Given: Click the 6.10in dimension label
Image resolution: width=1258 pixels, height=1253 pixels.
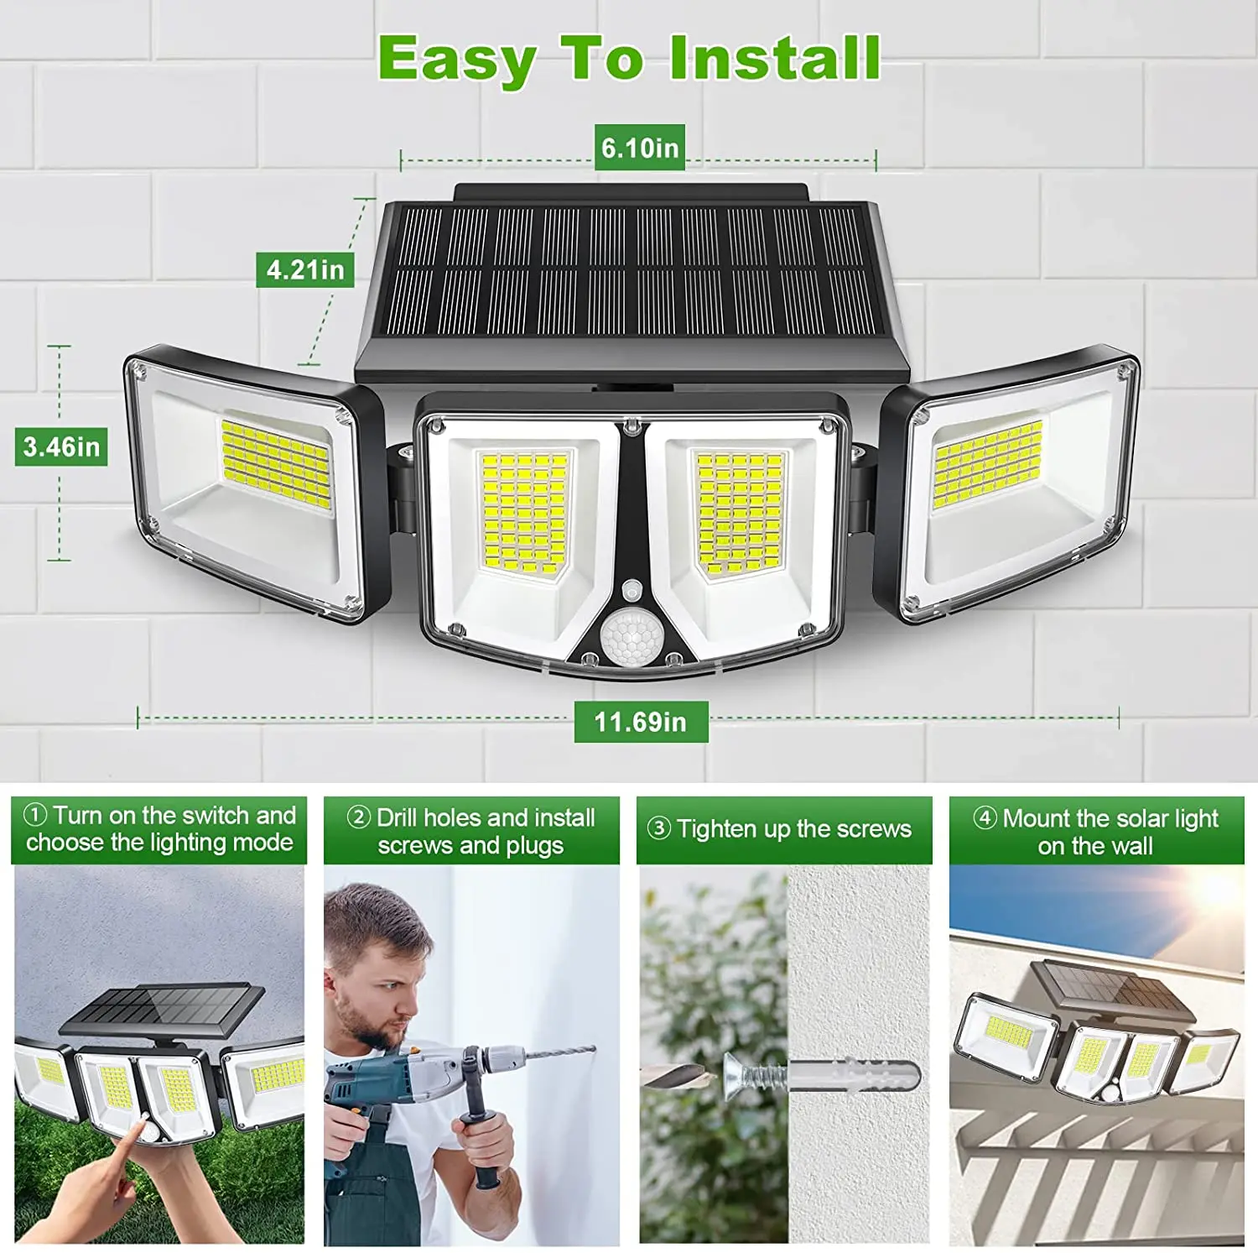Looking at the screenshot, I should coord(639,148).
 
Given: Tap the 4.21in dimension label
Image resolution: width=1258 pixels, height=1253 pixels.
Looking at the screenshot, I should coord(305,269).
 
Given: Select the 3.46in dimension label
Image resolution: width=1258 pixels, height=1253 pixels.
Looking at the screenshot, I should coord(61,446).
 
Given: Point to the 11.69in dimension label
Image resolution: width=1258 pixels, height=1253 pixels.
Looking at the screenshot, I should coord(641,722).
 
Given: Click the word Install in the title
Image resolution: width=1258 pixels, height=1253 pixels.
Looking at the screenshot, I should coord(775,59).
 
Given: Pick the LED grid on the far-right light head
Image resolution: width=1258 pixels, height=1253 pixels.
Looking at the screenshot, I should coord(988,464).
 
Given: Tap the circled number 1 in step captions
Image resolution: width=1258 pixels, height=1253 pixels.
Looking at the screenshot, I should coord(35,815).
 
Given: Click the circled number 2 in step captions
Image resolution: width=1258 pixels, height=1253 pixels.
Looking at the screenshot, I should coord(359,817).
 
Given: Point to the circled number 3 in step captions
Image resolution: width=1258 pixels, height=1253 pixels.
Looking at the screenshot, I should coord(659,828).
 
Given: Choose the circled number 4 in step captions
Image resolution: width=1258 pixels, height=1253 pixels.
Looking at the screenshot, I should coord(985,817).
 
